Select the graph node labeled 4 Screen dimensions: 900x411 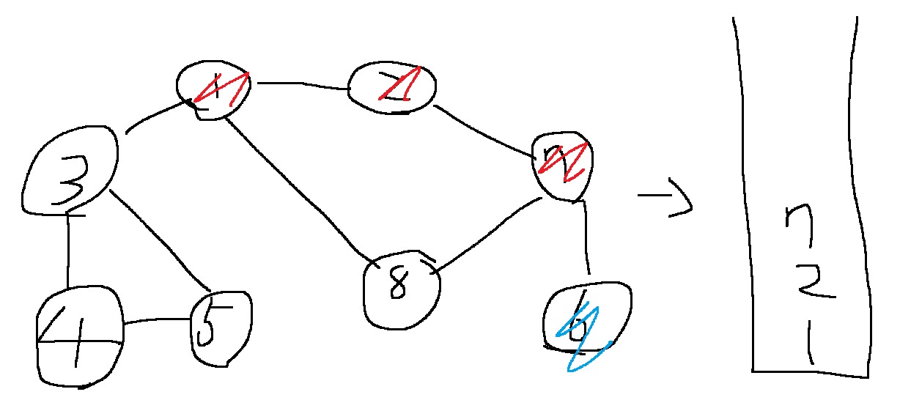pos(79,338)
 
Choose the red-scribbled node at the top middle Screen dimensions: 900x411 pos(392,87)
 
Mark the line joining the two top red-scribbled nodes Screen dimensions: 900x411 pos(301,85)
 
